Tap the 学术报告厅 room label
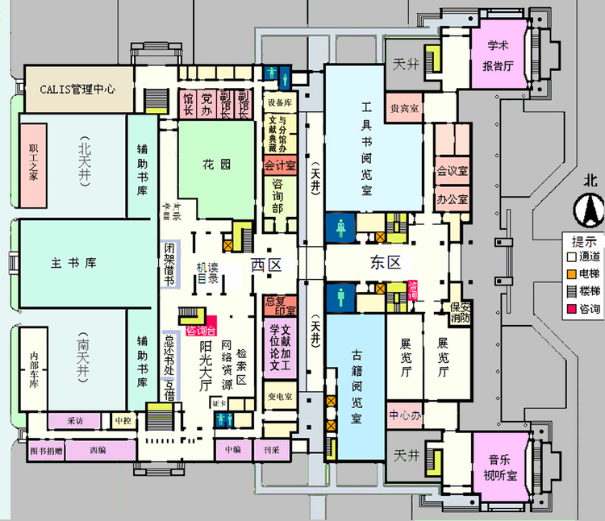click(x=498, y=55)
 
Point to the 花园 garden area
click(x=217, y=165)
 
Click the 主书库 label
click(x=73, y=263)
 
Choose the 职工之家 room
click(x=34, y=164)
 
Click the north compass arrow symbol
click(x=586, y=211)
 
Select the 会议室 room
click(x=453, y=171)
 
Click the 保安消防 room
click(x=460, y=312)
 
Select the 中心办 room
click(x=406, y=416)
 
